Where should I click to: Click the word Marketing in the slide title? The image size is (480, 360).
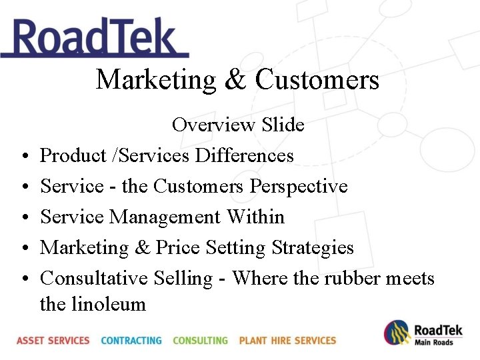click(x=156, y=80)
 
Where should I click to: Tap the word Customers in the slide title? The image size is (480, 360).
click(x=317, y=80)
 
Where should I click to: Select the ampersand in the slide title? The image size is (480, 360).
click(x=235, y=80)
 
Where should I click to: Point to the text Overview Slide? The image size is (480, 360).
click(x=238, y=125)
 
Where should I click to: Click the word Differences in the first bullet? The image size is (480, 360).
click(x=244, y=155)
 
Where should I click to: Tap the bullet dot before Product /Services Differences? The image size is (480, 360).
click(x=23, y=156)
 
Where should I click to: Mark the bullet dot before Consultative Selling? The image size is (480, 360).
click(x=23, y=279)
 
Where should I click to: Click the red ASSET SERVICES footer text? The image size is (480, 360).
click(x=53, y=340)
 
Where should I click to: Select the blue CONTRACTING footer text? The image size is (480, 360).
click(x=131, y=340)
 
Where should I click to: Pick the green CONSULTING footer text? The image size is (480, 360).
click(x=200, y=340)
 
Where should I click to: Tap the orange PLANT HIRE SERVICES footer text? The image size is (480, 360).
click(x=287, y=340)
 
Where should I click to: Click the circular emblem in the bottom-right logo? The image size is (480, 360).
click(x=397, y=333)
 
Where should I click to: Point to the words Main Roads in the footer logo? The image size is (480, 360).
click(x=434, y=342)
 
